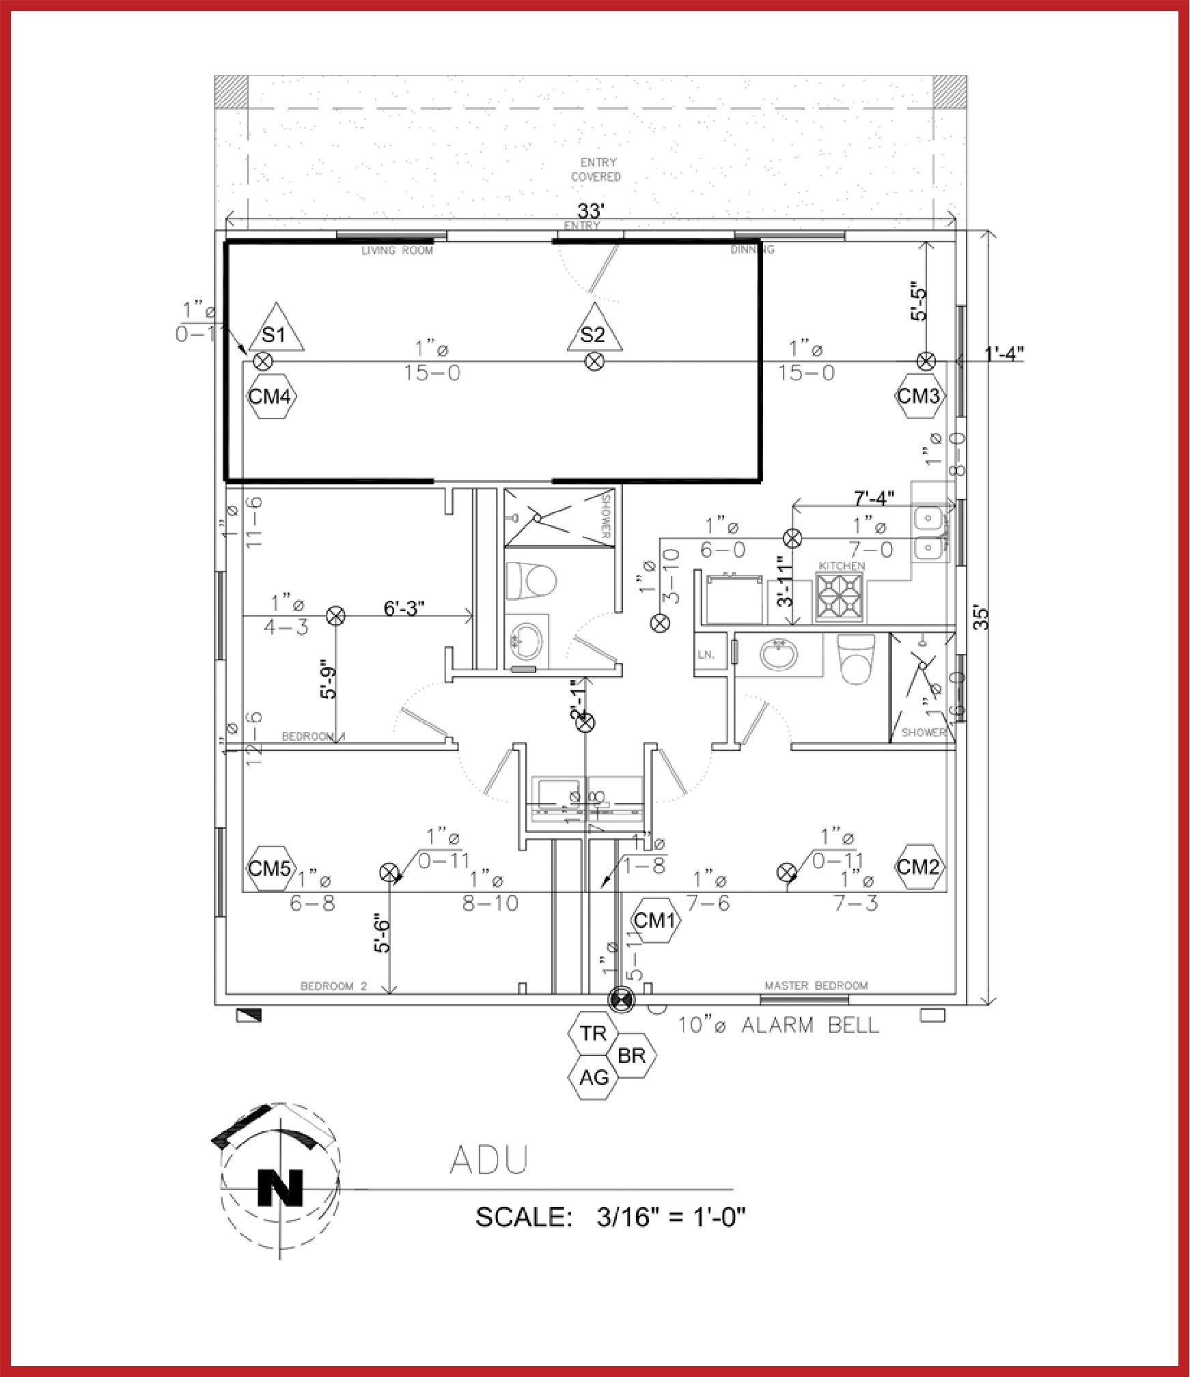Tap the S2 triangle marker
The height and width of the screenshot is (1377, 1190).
click(594, 331)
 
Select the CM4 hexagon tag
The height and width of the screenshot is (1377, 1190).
click(271, 396)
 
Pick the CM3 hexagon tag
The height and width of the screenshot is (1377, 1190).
click(919, 395)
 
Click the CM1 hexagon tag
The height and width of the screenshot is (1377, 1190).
click(655, 920)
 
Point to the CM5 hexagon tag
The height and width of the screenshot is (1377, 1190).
click(271, 868)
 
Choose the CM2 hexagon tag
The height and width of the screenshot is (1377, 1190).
click(919, 867)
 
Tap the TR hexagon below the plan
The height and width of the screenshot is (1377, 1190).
click(593, 1034)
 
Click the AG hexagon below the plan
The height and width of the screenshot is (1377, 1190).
click(593, 1077)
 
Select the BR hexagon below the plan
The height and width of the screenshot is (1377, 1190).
click(631, 1055)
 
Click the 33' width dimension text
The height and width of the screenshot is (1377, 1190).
click(591, 211)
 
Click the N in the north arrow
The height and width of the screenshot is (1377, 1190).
click(279, 1188)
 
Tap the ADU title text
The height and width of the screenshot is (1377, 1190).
click(489, 1159)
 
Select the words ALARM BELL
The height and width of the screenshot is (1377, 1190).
click(810, 1025)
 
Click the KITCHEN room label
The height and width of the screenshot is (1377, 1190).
click(842, 566)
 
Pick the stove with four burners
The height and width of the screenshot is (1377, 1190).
click(840, 596)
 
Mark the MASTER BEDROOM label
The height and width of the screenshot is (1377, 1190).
click(816, 985)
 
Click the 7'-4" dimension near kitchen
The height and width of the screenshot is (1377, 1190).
click(874, 498)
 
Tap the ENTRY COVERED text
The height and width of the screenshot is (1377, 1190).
click(597, 169)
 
